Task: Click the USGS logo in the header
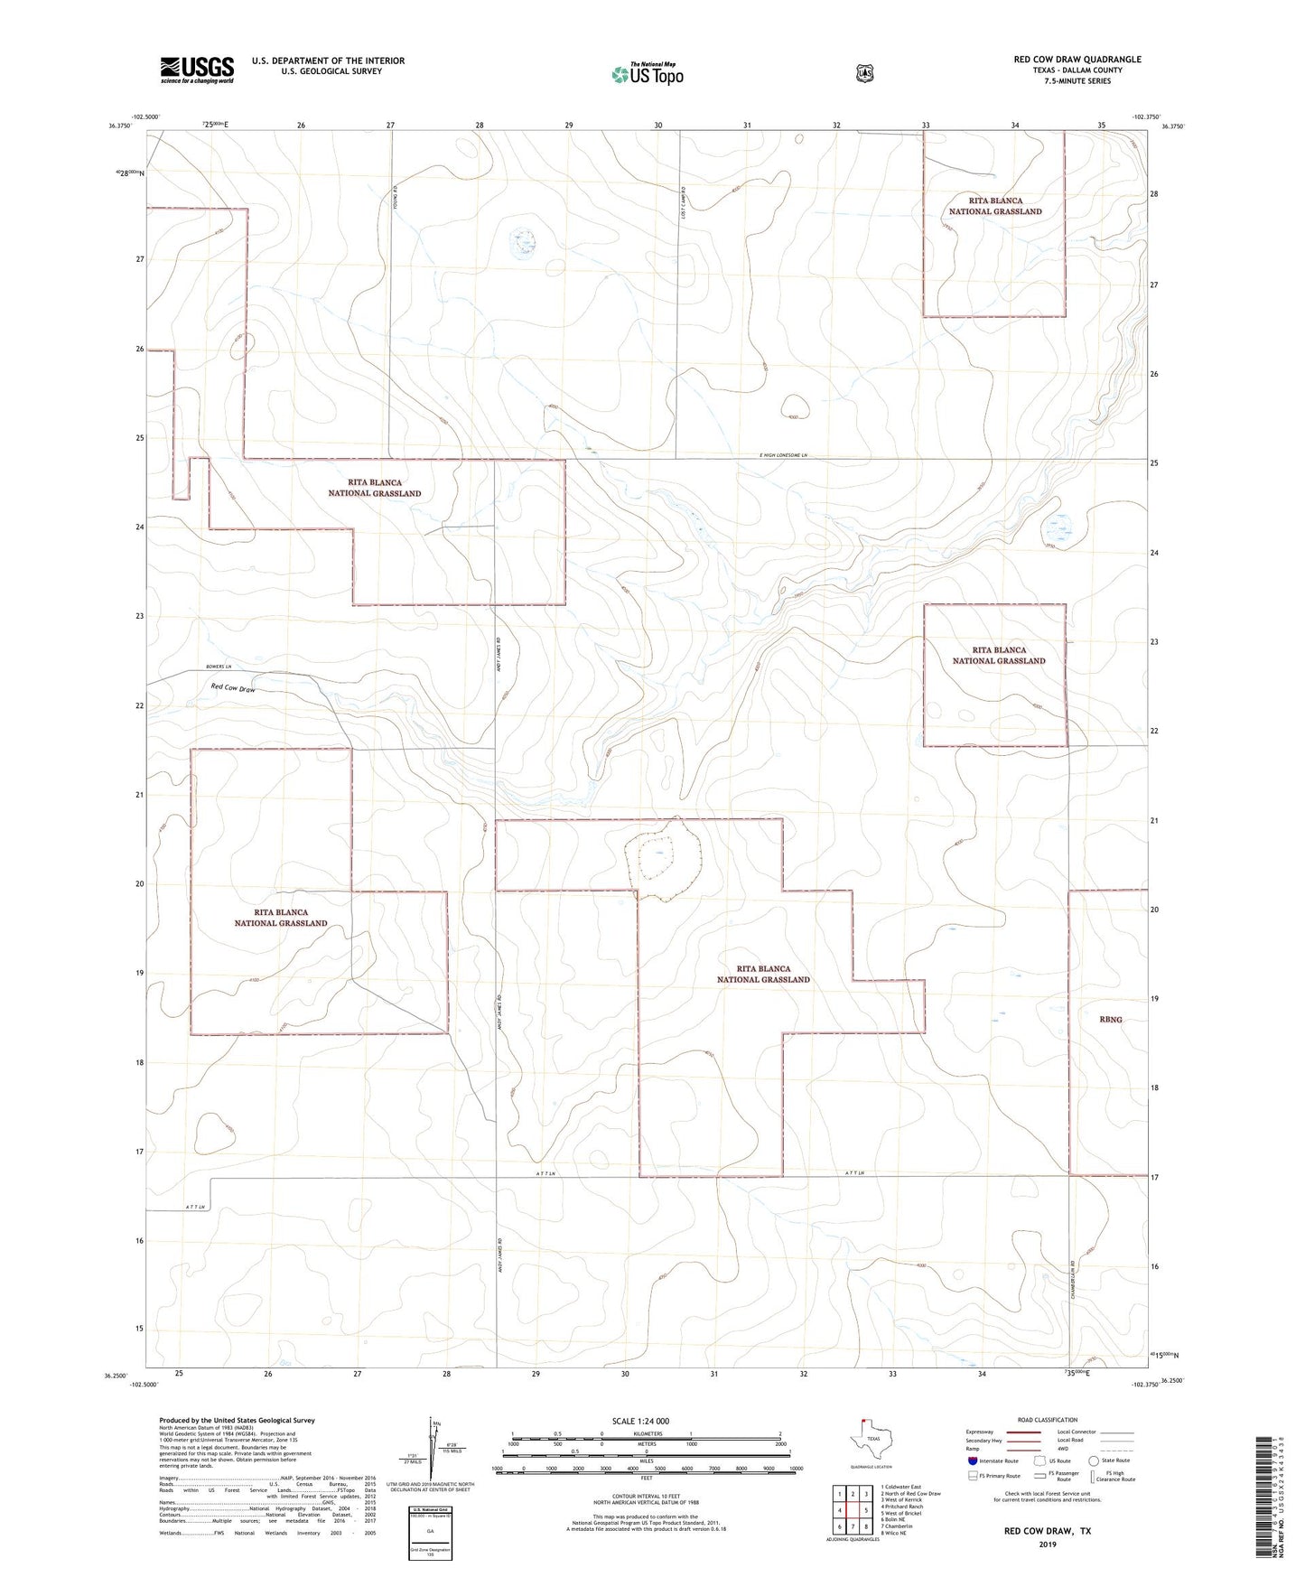197,69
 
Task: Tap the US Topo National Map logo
647,73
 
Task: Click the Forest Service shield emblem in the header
864,73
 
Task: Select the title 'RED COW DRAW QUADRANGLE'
1077,60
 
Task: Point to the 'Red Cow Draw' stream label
233,688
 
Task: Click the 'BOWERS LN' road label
219,667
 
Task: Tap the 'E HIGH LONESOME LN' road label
789,455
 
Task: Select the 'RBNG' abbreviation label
1111,1019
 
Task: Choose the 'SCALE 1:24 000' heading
640,1421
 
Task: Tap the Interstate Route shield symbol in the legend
972,1460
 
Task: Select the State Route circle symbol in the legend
1094,1460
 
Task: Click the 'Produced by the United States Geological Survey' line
237,1421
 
